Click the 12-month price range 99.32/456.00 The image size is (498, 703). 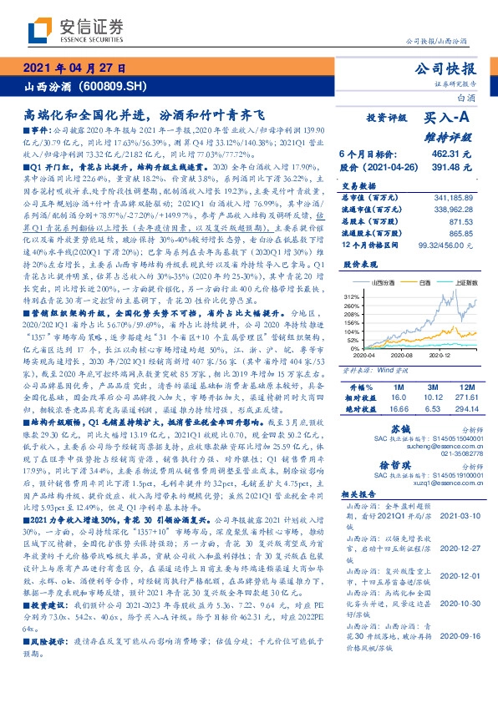point(451,248)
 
